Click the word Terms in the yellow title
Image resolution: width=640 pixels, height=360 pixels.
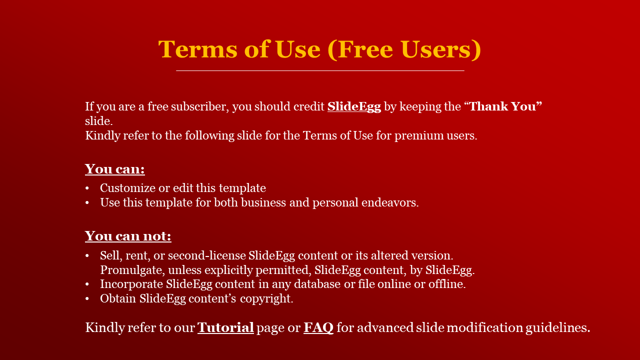(197, 49)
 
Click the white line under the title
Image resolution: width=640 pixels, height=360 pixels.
(320, 70)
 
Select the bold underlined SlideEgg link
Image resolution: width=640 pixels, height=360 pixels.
(354, 107)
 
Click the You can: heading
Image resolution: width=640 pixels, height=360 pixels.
(115, 169)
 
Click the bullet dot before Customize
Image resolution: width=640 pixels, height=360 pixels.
(87, 188)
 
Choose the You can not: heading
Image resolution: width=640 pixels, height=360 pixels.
(128, 236)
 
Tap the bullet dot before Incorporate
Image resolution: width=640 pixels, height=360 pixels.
(87, 284)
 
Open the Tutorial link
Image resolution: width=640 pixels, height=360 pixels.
(225, 327)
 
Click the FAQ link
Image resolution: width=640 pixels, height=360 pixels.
(318, 327)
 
